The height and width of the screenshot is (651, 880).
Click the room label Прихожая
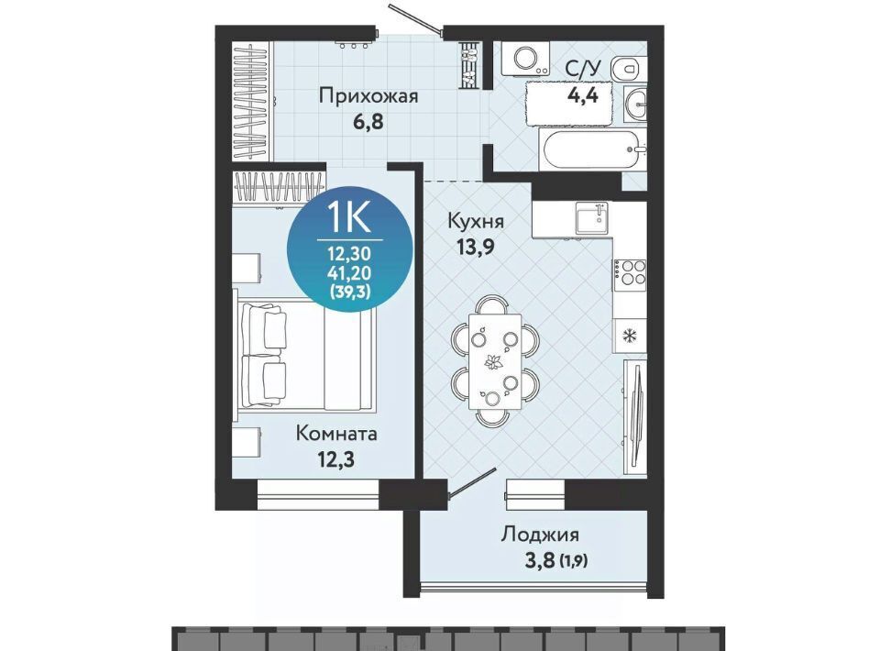tap(368, 96)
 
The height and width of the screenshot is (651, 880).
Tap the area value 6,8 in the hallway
tap(368, 121)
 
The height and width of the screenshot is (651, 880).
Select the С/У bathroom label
tap(583, 70)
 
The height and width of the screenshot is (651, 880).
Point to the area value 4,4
tap(583, 94)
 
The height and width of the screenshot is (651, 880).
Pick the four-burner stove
tap(629, 274)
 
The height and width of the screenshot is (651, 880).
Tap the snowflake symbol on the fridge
tap(630, 337)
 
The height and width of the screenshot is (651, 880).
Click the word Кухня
tap(476, 221)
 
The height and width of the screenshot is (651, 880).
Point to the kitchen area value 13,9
tap(476, 247)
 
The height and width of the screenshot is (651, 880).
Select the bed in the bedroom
tap(305, 354)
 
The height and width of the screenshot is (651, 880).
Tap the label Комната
tap(336, 434)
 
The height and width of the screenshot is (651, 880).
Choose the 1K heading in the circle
tap(348, 217)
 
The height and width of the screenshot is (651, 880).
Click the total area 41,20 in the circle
tap(349, 273)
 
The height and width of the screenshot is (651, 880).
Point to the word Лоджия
tap(540, 535)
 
